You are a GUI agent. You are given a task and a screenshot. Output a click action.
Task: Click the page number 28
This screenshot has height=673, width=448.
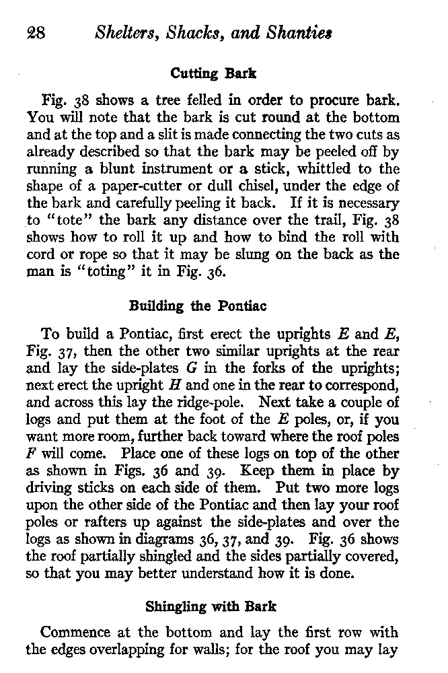[36, 33]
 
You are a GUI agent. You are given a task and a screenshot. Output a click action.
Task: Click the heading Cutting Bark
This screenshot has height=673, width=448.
[214, 74]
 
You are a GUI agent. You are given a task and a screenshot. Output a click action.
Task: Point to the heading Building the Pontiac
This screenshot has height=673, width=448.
[197, 306]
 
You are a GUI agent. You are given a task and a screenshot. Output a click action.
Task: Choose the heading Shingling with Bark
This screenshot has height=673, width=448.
[211, 606]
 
